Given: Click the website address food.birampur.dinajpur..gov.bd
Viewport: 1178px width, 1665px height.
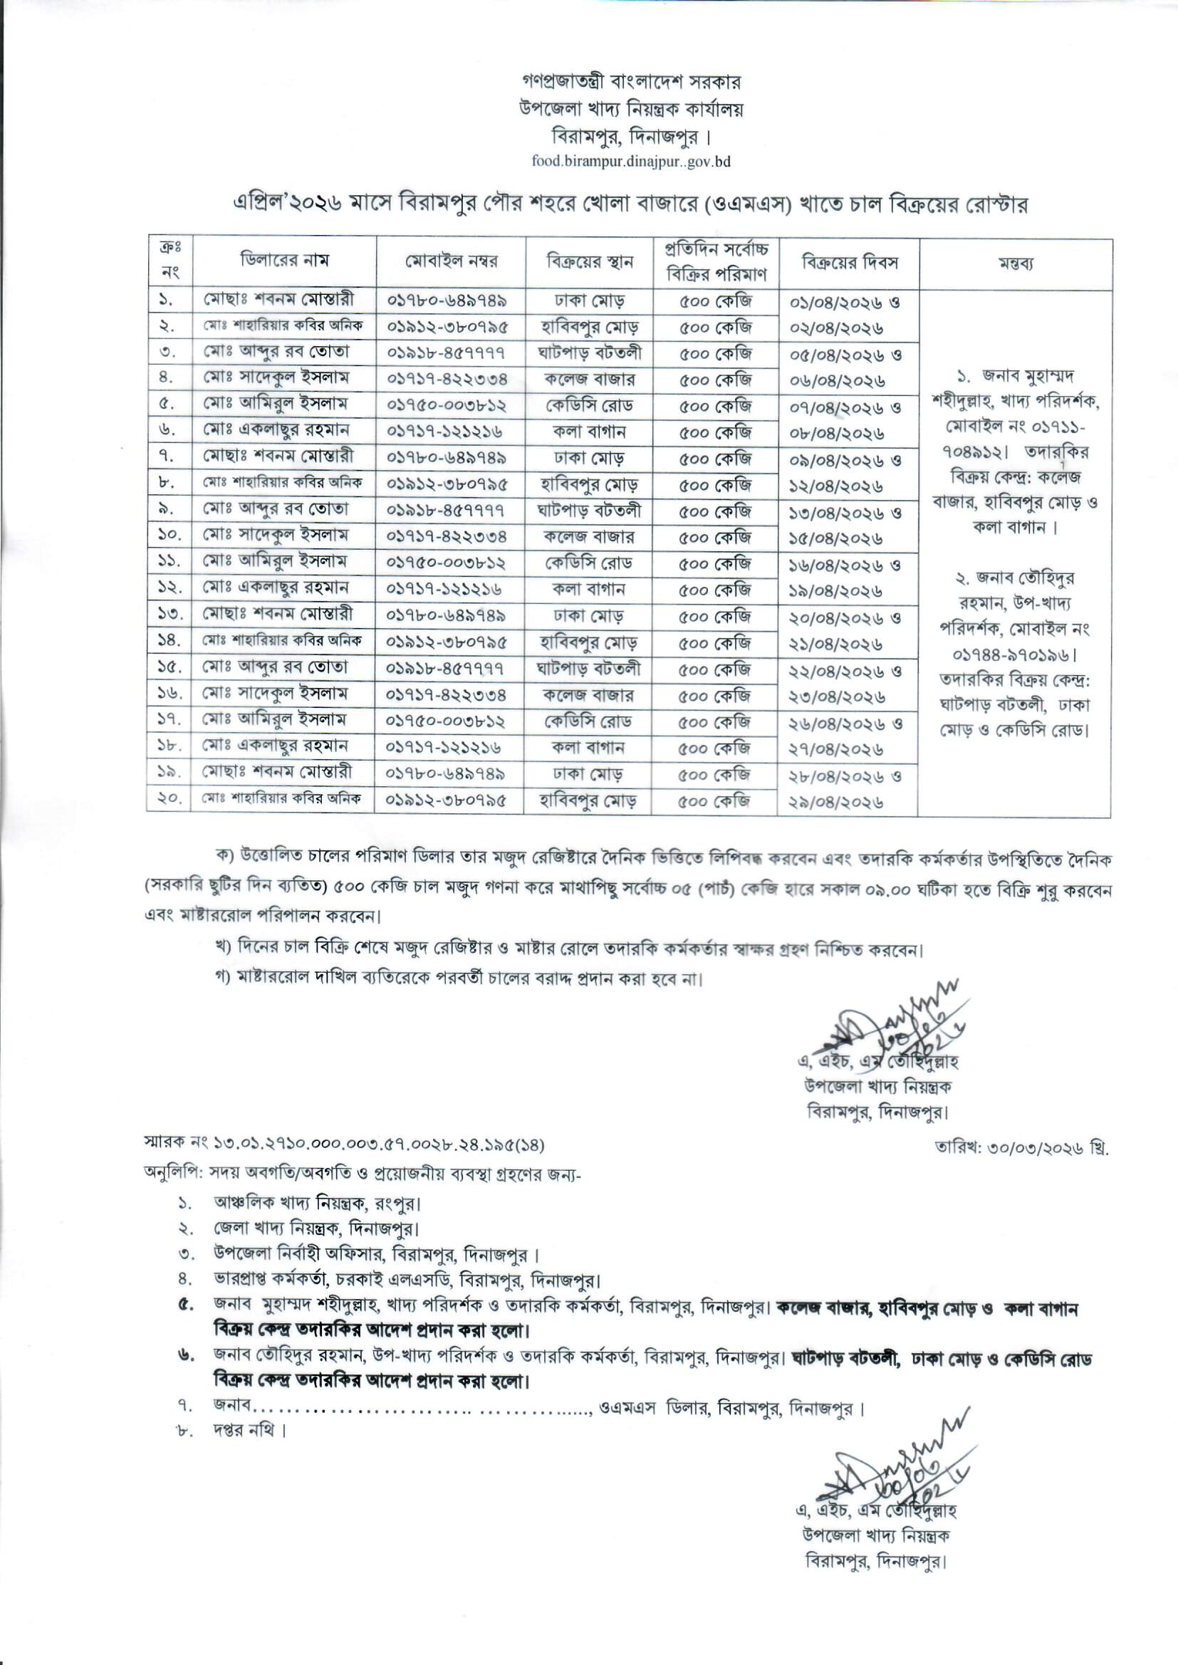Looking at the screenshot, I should coord(630,161).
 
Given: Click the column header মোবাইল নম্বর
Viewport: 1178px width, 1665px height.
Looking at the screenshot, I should coord(451,262).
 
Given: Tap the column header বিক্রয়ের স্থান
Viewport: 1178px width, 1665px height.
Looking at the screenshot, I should coord(589,262).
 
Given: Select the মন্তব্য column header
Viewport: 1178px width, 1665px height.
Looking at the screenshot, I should coord(1015,264).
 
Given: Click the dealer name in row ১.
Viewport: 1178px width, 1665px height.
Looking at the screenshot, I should coord(278,300).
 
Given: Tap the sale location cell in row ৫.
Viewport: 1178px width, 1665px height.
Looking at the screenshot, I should coord(589,404).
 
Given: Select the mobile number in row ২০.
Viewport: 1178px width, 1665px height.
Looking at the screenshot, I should coord(446,800).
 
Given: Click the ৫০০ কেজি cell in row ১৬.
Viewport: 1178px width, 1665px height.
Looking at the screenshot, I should coord(714,696).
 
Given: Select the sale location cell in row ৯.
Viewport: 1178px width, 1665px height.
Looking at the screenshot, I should coord(589,510).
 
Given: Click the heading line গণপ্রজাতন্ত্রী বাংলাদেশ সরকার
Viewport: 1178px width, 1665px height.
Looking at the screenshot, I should coord(631,81).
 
